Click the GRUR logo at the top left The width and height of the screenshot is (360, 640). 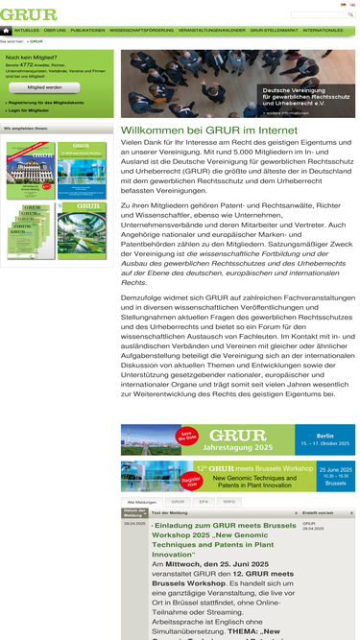(29, 14)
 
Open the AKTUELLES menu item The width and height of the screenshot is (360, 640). (27, 31)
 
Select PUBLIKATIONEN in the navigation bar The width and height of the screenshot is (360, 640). (88, 31)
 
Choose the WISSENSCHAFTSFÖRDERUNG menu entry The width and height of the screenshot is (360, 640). (141, 31)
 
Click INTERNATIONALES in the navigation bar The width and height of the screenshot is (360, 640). (323, 31)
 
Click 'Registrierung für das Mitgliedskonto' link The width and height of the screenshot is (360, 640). (46, 101)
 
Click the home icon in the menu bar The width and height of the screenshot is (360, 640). (7, 31)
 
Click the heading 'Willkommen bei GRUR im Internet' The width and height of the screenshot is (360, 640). (197, 130)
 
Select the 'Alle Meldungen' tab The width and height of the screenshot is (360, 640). (142, 501)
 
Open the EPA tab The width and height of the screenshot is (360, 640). (204, 501)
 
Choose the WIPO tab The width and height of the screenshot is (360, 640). (228, 501)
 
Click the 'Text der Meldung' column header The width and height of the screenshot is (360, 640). (170, 513)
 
